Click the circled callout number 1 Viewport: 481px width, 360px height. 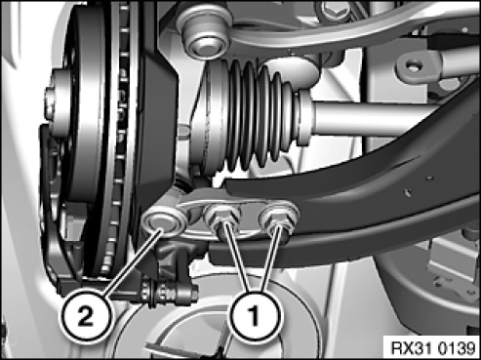point(256,315)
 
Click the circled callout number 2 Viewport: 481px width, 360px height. point(85,316)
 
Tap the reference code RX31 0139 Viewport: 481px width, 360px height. point(433,348)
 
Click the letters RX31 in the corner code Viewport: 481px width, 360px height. point(412,348)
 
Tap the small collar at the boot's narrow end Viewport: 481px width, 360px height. point(305,117)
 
